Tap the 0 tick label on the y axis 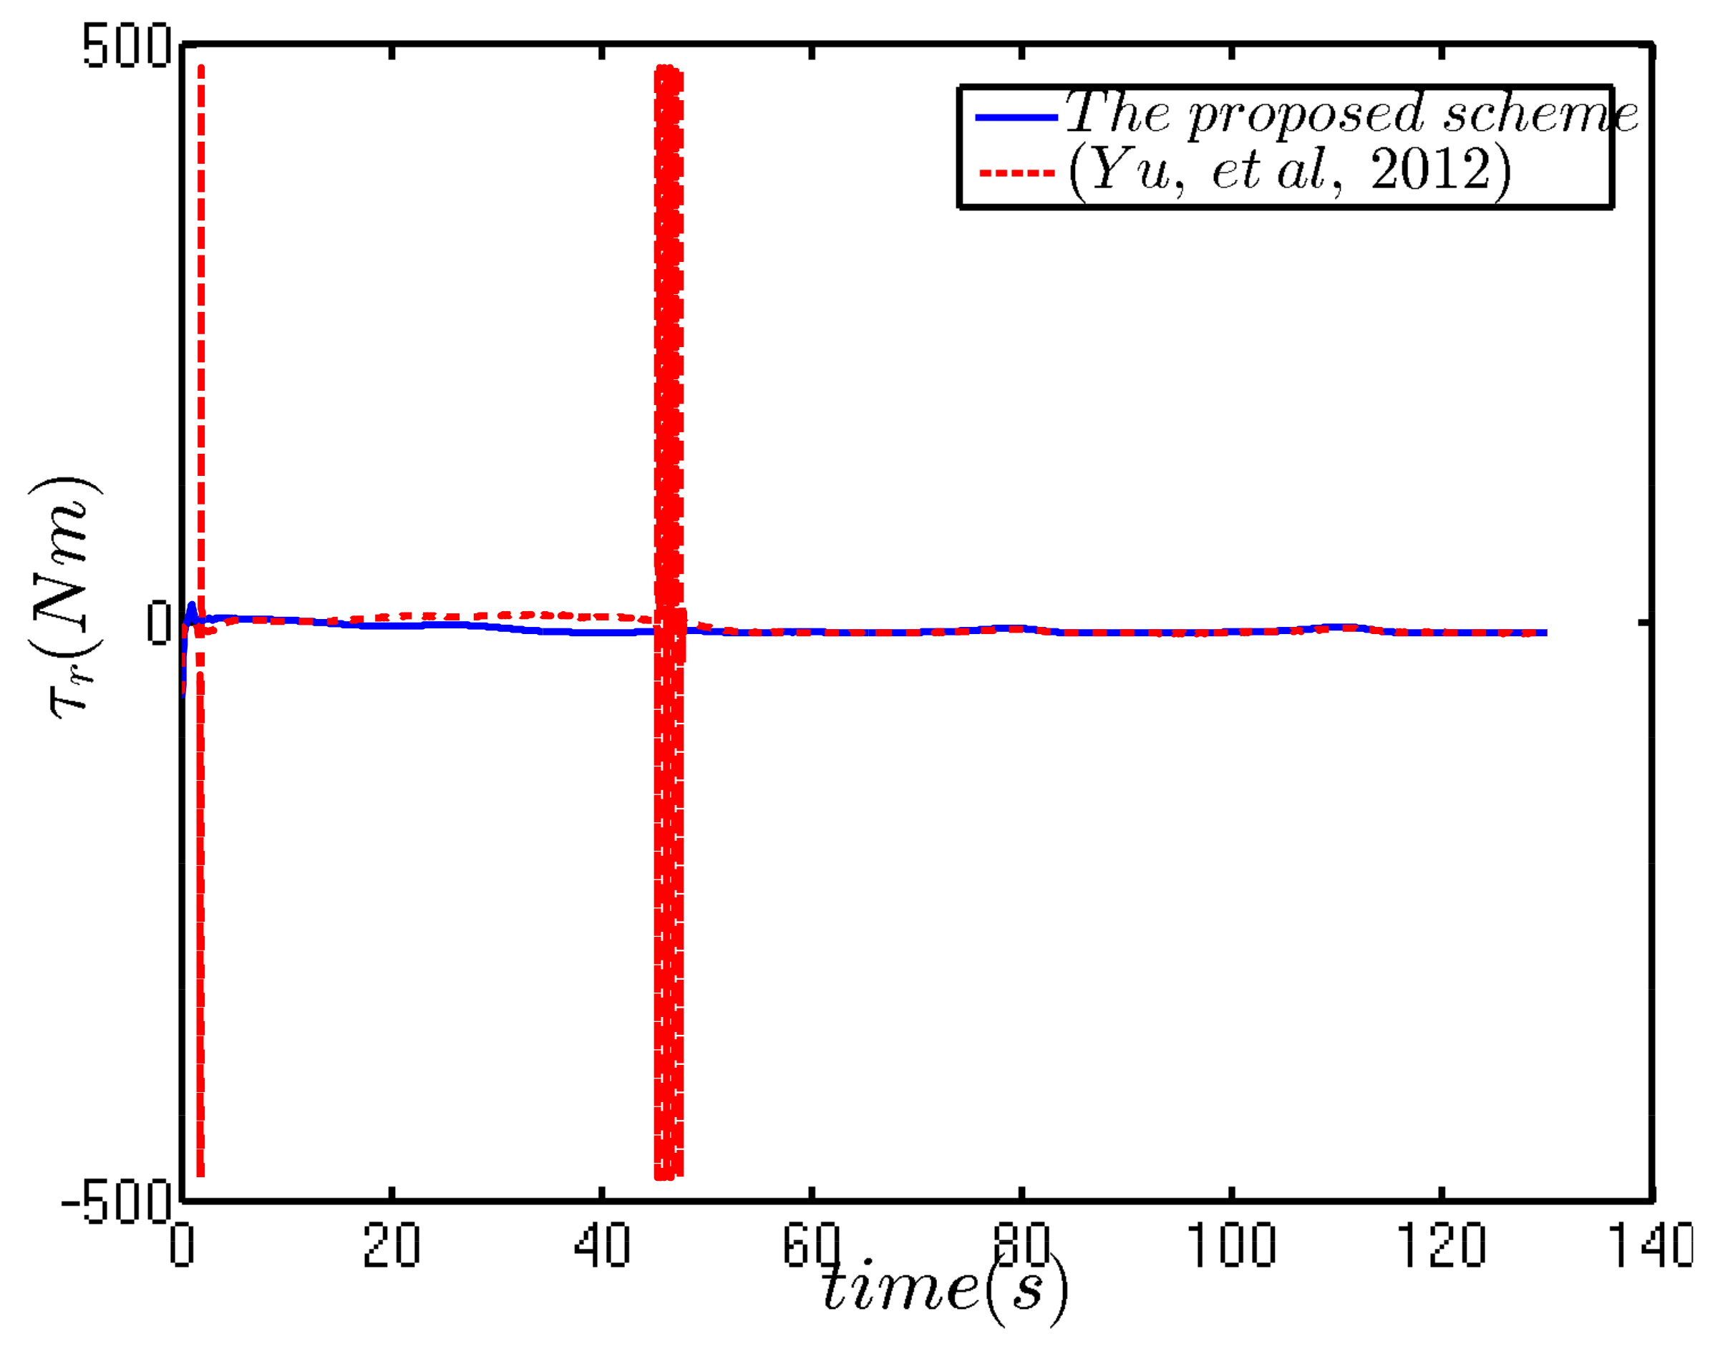(x=159, y=623)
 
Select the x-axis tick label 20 (x=391, y=1245)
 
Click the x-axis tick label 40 (x=602, y=1245)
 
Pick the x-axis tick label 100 (x=1230, y=1245)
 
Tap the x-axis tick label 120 (x=1441, y=1245)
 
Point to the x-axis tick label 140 (x=1649, y=1245)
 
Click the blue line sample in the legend (x=1016, y=117)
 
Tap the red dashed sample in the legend (x=1016, y=172)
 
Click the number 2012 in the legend (x=1431, y=169)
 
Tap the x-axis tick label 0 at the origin (x=182, y=1245)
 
